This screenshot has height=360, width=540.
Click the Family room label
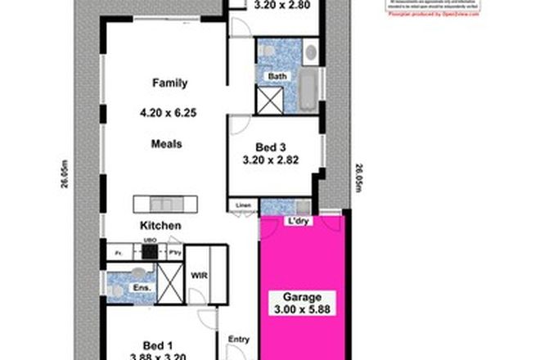(x=169, y=83)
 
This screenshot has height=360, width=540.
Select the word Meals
(x=166, y=144)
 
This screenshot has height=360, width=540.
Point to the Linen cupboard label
(x=243, y=205)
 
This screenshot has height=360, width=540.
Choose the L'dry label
(x=295, y=221)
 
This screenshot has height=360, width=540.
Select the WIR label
(x=198, y=275)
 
